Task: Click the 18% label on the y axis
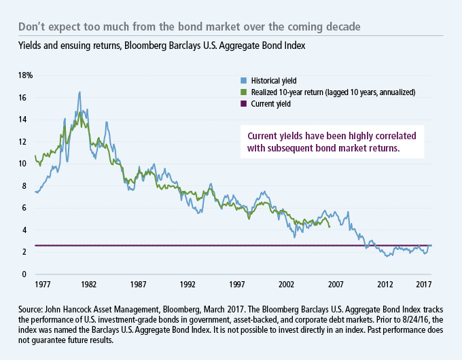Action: [x=24, y=75]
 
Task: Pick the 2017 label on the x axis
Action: [x=425, y=283]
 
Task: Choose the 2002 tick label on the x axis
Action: [x=287, y=283]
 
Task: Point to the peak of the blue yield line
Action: [x=79, y=92]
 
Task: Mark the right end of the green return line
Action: [x=330, y=227]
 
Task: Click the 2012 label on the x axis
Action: [x=385, y=283]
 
